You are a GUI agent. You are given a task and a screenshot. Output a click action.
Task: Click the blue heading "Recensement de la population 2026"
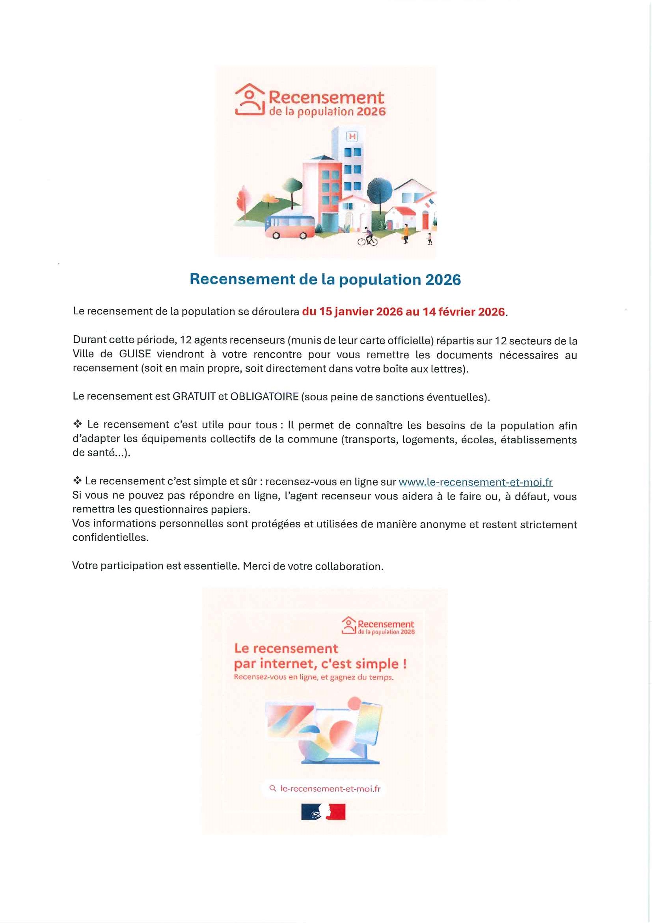[x=325, y=279]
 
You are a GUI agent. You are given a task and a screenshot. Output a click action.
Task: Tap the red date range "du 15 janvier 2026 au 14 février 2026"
[x=403, y=312]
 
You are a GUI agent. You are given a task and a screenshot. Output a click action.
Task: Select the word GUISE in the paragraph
[x=135, y=354]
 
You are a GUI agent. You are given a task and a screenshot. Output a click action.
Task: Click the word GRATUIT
[x=194, y=397]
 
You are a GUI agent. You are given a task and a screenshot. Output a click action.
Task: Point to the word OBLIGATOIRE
[x=264, y=397]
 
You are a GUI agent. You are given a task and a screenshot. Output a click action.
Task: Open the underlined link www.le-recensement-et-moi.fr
[x=475, y=482]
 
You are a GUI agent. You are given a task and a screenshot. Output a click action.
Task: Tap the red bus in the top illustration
[x=289, y=227]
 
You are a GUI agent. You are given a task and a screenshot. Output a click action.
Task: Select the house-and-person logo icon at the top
[x=250, y=100]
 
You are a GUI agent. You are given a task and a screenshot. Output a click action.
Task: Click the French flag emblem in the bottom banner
[x=323, y=812]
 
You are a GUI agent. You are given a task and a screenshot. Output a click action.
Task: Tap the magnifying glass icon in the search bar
[x=273, y=788]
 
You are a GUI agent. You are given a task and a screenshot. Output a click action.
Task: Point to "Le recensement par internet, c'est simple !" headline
[x=320, y=656]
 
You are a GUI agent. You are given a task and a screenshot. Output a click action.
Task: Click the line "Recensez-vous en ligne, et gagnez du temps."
[x=313, y=677]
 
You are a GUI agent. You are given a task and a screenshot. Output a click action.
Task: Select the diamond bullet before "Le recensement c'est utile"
[x=78, y=424]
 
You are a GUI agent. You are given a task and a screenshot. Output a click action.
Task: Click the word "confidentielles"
[x=110, y=538]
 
